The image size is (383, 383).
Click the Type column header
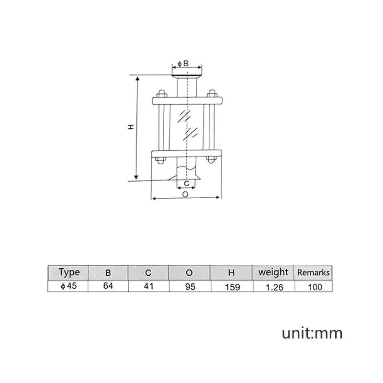[x=69, y=272]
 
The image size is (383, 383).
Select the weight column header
[x=273, y=272]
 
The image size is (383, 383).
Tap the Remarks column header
[x=314, y=272]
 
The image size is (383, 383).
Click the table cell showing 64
[x=108, y=285]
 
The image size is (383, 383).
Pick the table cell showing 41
[x=148, y=285]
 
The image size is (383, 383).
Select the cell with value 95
[x=190, y=286]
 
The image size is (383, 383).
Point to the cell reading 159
[x=232, y=287]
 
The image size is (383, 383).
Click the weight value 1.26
[x=274, y=287]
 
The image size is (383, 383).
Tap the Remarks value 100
[x=315, y=287]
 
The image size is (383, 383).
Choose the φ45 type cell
[x=68, y=286]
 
